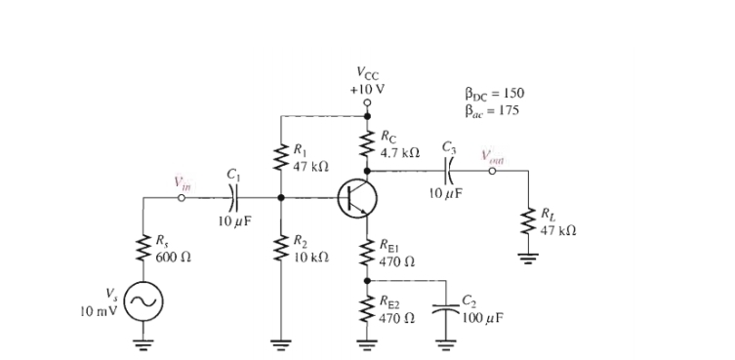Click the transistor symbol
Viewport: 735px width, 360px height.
click(x=357, y=198)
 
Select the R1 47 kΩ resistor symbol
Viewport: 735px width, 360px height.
click(x=282, y=158)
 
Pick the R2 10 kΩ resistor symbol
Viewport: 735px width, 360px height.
click(x=282, y=248)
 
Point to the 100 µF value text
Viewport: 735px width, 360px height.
click(x=480, y=318)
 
